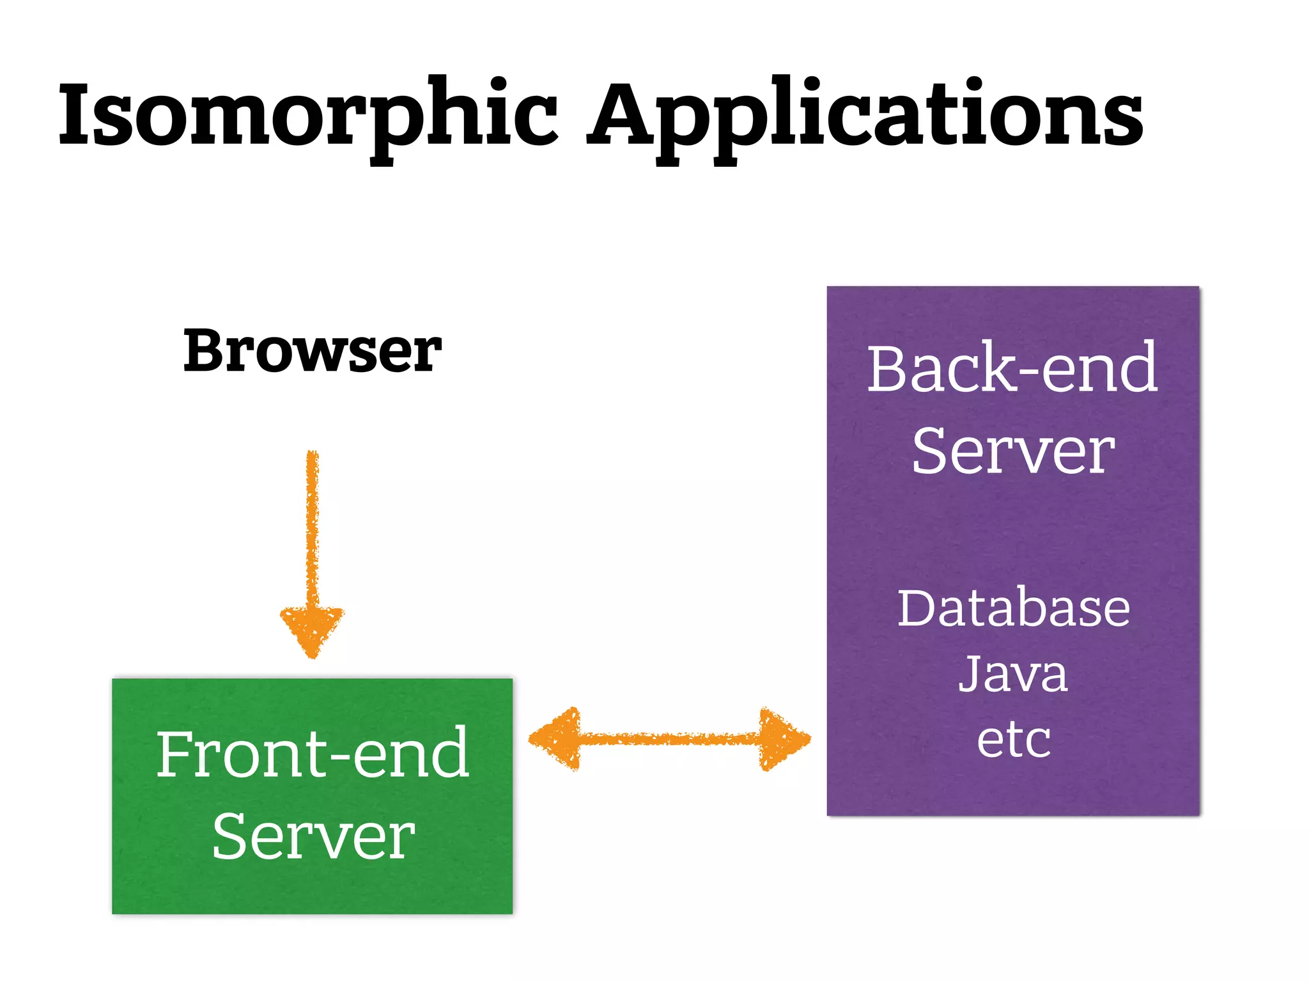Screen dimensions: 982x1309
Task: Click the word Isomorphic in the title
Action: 307,115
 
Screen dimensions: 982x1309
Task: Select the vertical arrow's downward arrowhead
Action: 312,630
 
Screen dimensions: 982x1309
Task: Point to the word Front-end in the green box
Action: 312,754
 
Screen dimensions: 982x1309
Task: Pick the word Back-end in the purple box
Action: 1012,369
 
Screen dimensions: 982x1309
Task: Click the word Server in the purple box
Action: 1013,451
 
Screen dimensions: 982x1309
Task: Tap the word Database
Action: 1013,608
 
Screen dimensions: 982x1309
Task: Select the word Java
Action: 1013,674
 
